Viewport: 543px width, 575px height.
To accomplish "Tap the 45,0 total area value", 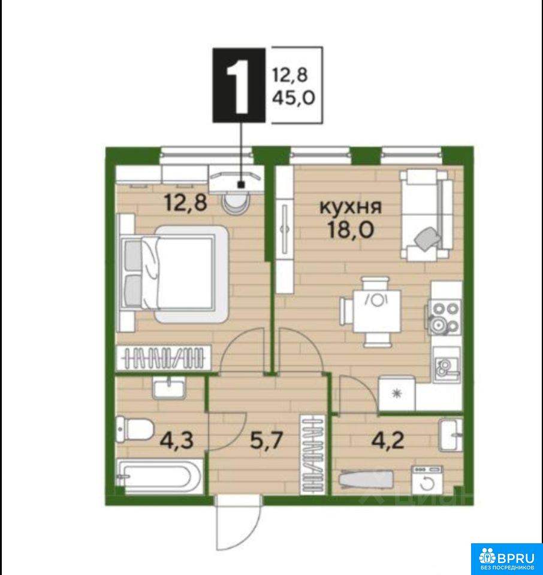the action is tap(294, 98).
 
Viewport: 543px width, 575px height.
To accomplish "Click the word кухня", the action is tap(351, 207).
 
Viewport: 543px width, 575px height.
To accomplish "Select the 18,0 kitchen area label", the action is tap(351, 230).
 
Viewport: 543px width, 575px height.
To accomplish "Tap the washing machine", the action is tap(427, 480).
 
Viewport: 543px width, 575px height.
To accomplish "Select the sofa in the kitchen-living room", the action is tap(426, 215).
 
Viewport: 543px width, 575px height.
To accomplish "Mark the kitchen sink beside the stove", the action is tap(446, 365).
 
